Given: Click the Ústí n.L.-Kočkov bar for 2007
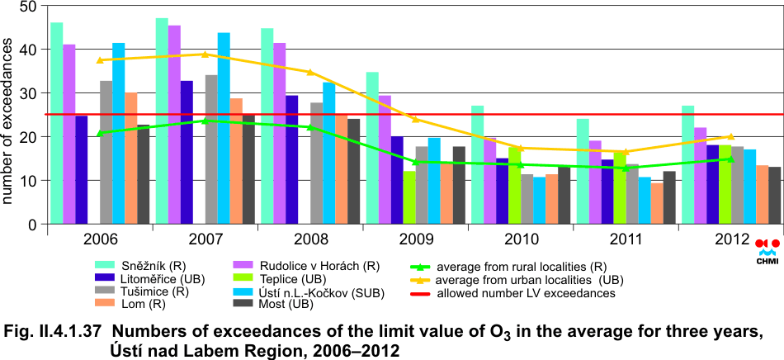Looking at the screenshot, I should [x=224, y=128].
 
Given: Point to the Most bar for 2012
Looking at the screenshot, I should [x=774, y=195].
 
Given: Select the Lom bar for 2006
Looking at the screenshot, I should [x=131, y=158].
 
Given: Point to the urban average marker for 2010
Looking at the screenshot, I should [x=521, y=148].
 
